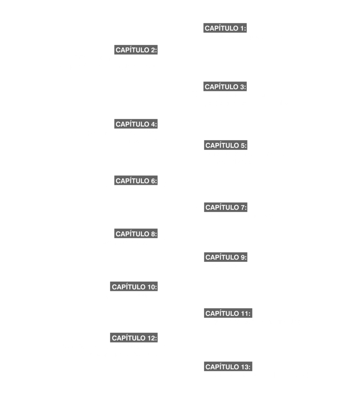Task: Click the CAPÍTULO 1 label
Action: pos(225,28)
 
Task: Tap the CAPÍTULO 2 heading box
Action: pos(136,50)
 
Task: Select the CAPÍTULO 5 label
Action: pos(226,145)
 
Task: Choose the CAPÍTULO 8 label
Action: pos(136,234)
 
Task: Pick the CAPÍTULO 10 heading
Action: pos(134,287)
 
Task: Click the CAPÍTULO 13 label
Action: pos(228,367)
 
